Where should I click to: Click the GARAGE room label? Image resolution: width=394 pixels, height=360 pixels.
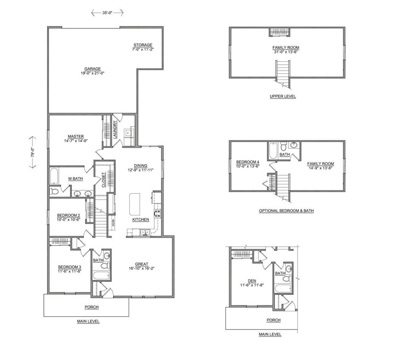pyautogui.click(x=92, y=68)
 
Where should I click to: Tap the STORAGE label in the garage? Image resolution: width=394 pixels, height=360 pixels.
pyautogui.click(x=143, y=45)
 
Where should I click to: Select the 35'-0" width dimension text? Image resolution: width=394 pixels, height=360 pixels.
pyautogui.click(x=107, y=13)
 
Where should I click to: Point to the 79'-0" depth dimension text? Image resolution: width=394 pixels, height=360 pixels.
pyautogui.click(x=33, y=152)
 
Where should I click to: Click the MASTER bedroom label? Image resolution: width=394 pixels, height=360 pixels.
pyautogui.click(x=76, y=136)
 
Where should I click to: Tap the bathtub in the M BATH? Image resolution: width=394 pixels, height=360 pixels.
pyautogui.click(x=54, y=176)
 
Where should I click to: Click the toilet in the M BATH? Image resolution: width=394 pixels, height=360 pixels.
pyautogui.click(x=54, y=191)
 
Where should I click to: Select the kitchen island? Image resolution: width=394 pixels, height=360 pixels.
pyautogui.click(x=135, y=204)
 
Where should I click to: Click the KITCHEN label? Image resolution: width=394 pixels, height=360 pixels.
pyautogui.click(x=141, y=219)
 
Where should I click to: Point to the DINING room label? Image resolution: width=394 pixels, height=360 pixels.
pyautogui.click(x=141, y=166)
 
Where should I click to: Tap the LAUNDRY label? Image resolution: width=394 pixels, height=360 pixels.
pyautogui.click(x=115, y=130)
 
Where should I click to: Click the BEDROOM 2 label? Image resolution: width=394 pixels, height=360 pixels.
pyautogui.click(x=68, y=216)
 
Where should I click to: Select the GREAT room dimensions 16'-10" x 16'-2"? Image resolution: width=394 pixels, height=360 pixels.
pyautogui.click(x=142, y=268)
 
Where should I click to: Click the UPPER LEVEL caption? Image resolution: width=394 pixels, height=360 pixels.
pyautogui.click(x=283, y=96)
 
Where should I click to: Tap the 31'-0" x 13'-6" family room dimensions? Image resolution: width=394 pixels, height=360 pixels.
pyautogui.click(x=286, y=52)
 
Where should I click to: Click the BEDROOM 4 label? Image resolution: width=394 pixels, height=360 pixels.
pyautogui.click(x=247, y=162)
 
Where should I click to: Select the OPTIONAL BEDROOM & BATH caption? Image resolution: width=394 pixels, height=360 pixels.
pyautogui.click(x=286, y=211)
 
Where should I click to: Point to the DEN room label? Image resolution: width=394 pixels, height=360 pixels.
pyautogui.click(x=252, y=281)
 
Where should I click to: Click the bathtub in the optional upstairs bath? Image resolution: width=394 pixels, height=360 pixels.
pyautogui.click(x=273, y=151)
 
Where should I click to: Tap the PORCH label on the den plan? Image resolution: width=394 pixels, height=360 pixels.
pyautogui.click(x=274, y=320)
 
